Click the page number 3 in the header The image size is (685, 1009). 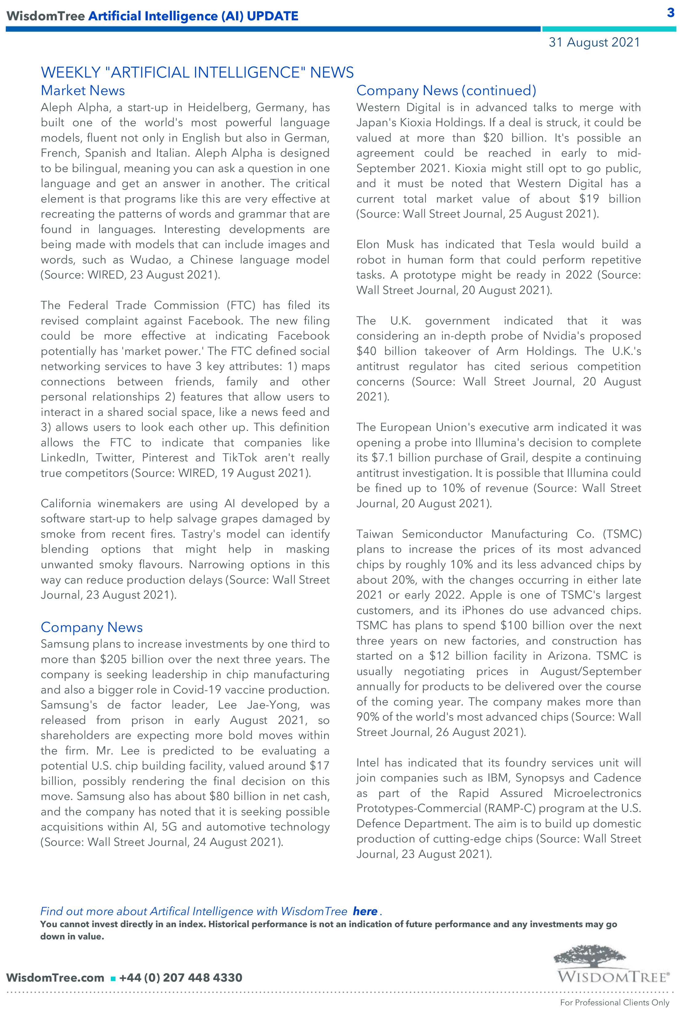pos(671,13)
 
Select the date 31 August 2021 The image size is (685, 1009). pos(594,42)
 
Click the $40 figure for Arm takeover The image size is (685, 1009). pos(366,351)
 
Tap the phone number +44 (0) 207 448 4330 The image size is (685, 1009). pos(181,978)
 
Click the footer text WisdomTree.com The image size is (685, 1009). pos(55,978)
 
